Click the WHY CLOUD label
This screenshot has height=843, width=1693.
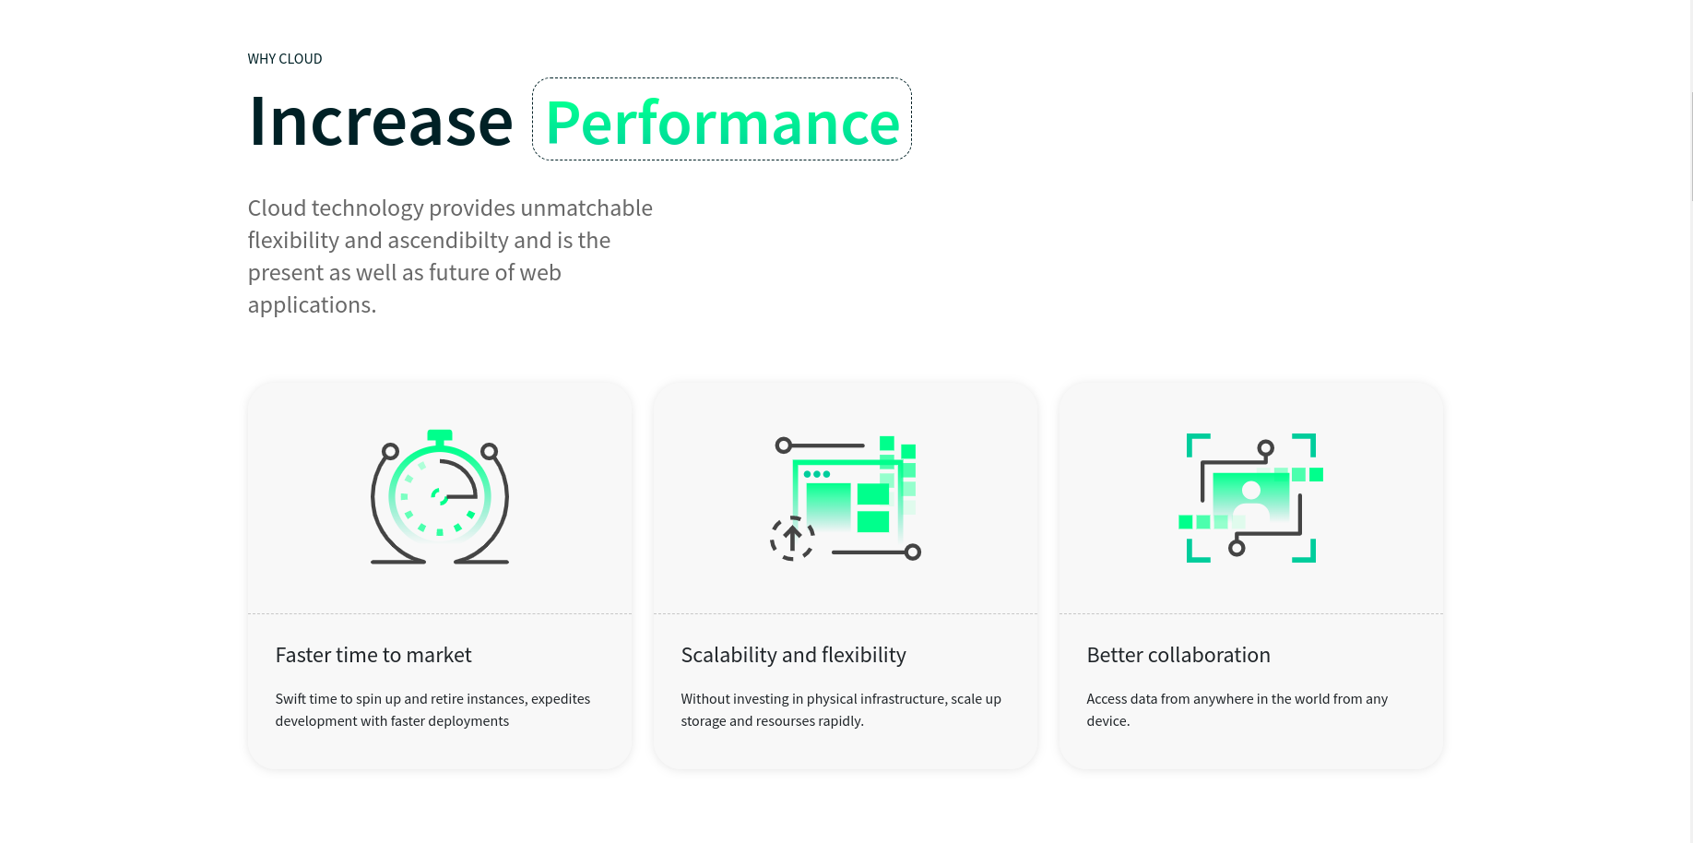(x=285, y=59)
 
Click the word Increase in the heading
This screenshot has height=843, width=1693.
(x=381, y=121)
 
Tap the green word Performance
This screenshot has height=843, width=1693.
(x=722, y=123)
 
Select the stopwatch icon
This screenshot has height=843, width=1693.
(x=440, y=496)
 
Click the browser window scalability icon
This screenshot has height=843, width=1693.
(x=846, y=498)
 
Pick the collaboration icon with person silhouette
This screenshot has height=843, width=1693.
(x=1251, y=498)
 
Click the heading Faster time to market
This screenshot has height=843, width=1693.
(x=373, y=655)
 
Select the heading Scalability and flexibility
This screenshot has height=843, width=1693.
(x=794, y=655)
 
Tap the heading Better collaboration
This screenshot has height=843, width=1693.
(x=1178, y=655)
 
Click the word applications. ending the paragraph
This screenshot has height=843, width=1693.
(x=312, y=305)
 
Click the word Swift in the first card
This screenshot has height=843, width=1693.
(x=290, y=699)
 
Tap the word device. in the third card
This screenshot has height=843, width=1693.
(x=1108, y=721)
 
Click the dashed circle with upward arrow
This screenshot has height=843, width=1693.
(x=792, y=539)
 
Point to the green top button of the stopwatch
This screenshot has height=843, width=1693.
(x=440, y=435)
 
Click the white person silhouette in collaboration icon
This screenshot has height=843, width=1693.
(x=1251, y=500)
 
